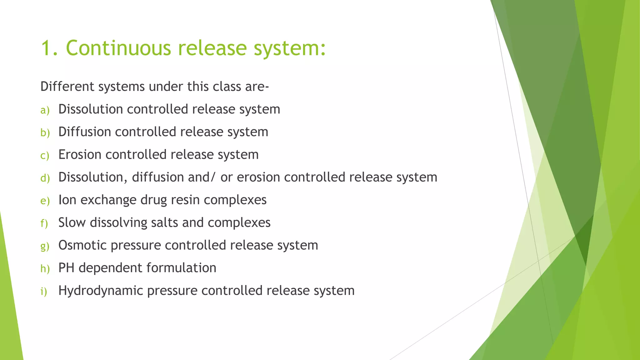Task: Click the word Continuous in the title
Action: point(118,48)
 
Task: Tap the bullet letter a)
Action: point(45,110)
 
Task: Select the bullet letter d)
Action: point(45,178)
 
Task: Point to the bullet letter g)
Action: point(45,247)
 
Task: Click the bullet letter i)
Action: point(44,292)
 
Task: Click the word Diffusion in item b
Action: point(84,132)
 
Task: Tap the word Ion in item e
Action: point(67,200)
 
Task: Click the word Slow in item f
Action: point(72,222)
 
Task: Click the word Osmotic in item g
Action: point(82,245)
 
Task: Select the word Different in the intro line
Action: point(67,87)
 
